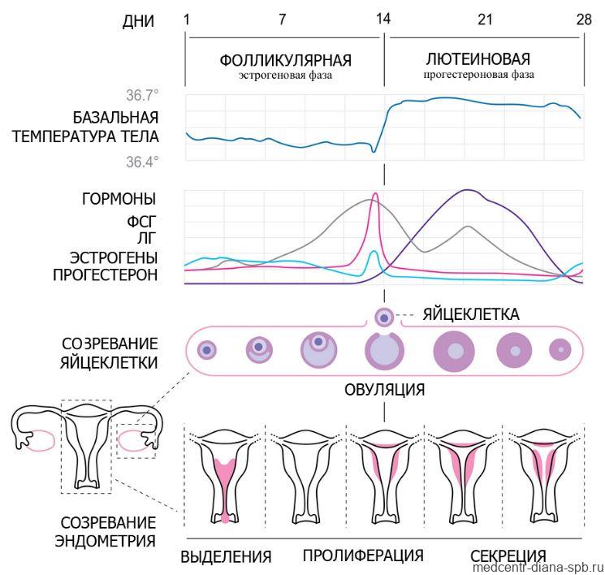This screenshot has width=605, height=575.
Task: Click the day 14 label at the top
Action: [383, 19]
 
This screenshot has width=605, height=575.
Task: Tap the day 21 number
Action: [485, 19]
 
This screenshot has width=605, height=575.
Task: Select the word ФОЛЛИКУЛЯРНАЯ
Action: [286, 61]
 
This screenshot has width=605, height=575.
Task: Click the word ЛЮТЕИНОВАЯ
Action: [478, 59]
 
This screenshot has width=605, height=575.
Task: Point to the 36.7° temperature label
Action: [142, 95]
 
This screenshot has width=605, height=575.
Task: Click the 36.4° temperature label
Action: [142, 162]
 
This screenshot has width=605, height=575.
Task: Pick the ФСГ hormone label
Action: [141, 222]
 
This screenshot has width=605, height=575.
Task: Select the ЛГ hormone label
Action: [147, 239]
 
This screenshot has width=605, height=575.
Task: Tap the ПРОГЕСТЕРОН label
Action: [106, 275]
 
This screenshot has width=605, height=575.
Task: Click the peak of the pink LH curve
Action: [374, 193]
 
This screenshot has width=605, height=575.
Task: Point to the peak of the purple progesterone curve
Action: [467, 190]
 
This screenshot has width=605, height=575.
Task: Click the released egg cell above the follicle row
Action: [384, 318]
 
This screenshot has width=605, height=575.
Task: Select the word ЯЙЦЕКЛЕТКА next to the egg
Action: [471, 314]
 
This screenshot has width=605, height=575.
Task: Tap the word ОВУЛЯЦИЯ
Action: [384, 390]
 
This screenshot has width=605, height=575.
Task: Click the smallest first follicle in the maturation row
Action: [207, 350]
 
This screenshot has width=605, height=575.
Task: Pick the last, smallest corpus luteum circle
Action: [560, 350]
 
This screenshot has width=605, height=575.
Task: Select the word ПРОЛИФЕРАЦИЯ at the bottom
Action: [363, 556]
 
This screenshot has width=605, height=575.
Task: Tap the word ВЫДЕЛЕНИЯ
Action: [226, 557]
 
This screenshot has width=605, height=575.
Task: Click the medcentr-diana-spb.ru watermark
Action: [538, 568]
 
